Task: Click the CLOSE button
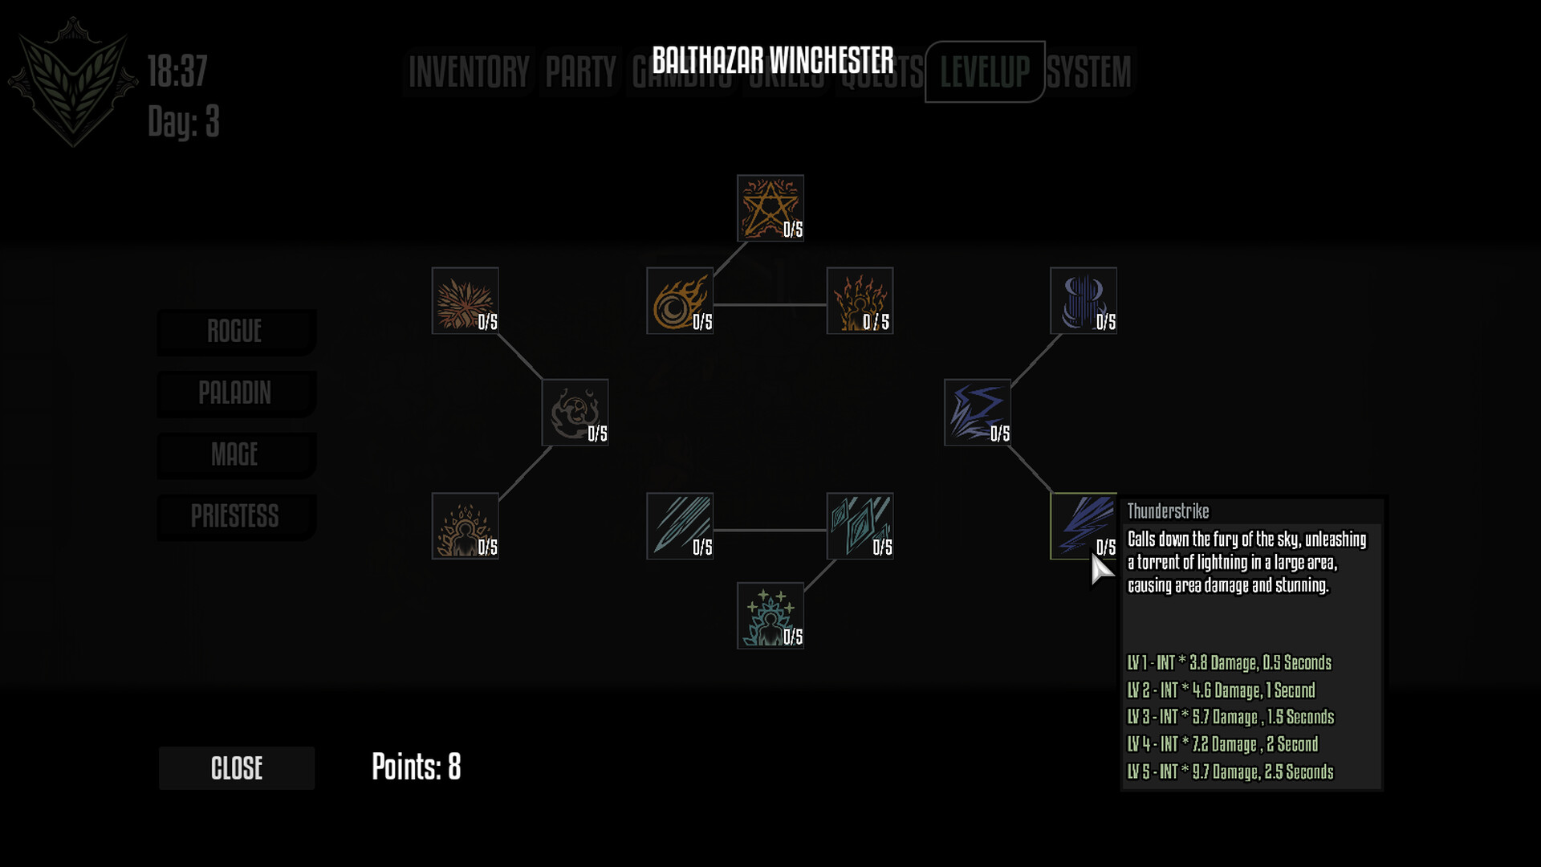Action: pos(237,768)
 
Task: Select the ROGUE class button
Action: pos(235,332)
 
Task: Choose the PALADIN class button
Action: pos(235,393)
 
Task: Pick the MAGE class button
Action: pos(235,455)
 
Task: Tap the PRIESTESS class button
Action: pos(235,516)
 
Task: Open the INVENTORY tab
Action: pos(469,72)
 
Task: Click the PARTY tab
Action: pos(580,72)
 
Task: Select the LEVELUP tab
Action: pos(985,72)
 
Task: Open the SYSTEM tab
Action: pos(1089,72)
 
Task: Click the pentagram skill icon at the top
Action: pos(770,208)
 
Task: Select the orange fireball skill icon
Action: pos(679,301)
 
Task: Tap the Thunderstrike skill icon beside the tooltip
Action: pos(1082,526)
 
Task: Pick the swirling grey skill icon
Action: pos(575,413)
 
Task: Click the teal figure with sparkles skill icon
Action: pos(770,616)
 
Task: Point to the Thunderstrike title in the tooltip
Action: pos(1168,511)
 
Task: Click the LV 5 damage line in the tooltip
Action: pos(1230,772)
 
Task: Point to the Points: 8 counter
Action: pos(416,767)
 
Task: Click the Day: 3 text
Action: pos(183,122)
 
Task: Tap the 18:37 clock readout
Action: pos(177,71)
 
